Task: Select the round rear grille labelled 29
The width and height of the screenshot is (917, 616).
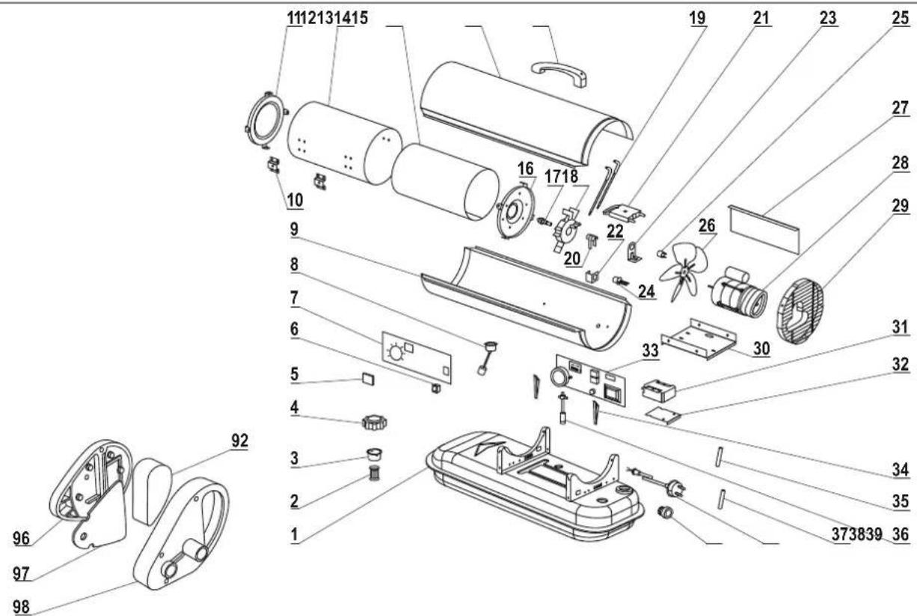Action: point(798,311)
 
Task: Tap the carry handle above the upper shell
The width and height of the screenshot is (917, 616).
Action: point(559,73)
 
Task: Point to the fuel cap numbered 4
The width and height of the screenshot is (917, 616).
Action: point(375,422)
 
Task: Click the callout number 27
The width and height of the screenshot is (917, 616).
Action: point(901,108)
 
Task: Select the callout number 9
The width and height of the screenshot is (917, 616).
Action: point(295,229)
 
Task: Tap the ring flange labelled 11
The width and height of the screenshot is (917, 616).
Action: point(266,120)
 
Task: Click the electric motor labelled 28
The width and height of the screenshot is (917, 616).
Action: point(737,293)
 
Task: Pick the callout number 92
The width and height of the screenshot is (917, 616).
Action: point(239,441)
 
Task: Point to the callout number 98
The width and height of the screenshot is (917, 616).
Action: point(21,606)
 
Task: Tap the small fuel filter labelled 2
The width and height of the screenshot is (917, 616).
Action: point(373,474)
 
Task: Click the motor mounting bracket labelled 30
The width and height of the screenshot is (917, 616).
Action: point(699,339)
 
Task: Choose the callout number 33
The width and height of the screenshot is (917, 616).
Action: point(651,350)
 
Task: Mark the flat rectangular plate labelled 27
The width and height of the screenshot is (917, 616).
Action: point(764,229)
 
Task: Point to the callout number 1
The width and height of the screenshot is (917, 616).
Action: point(295,535)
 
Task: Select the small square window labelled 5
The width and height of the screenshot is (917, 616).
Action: point(367,379)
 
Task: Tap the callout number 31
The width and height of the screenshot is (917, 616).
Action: point(901,328)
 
